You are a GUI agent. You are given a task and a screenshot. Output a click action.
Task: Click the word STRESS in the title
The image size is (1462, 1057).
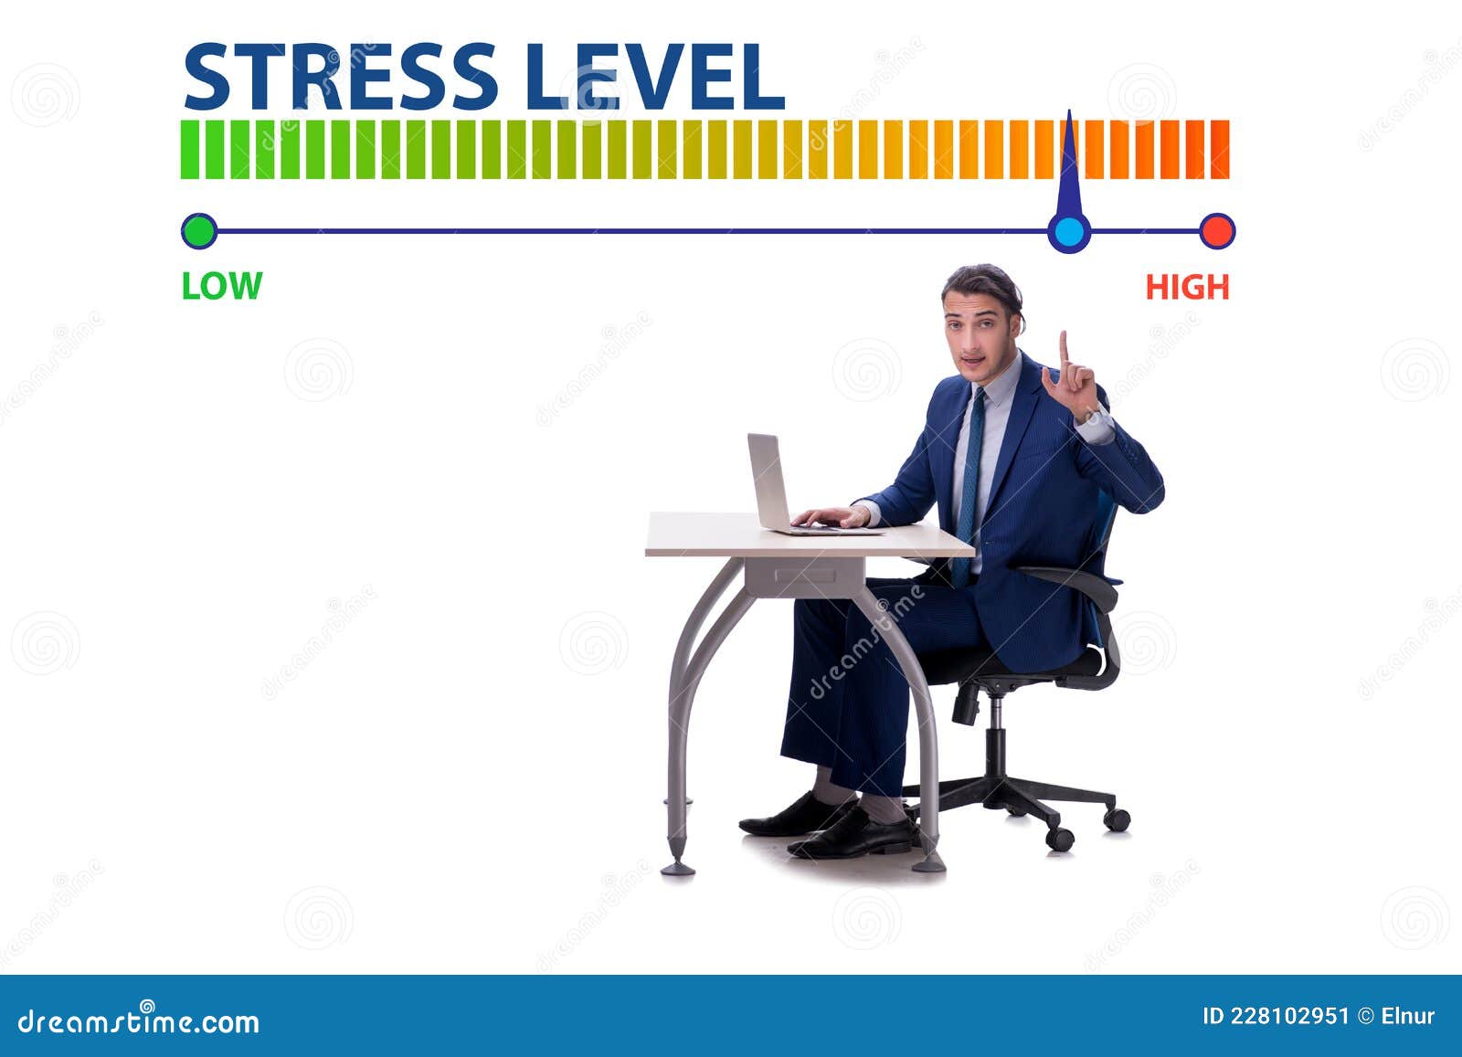340,77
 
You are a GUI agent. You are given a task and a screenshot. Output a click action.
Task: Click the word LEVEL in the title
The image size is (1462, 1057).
655,77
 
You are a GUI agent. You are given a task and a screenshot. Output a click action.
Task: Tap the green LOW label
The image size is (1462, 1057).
221,286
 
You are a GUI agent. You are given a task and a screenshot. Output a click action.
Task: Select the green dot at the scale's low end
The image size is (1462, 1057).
199,231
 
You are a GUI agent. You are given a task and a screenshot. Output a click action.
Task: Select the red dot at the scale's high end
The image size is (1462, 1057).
1216,231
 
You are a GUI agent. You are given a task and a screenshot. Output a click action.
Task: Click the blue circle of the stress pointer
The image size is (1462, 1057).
1068,232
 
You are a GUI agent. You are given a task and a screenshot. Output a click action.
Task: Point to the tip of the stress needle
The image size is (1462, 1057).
1069,113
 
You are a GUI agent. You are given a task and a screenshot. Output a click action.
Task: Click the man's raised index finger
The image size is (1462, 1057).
1064,347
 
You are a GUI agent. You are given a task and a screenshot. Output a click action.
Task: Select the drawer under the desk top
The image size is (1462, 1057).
804,576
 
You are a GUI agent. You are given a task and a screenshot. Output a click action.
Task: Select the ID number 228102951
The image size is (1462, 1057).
1289,1016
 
